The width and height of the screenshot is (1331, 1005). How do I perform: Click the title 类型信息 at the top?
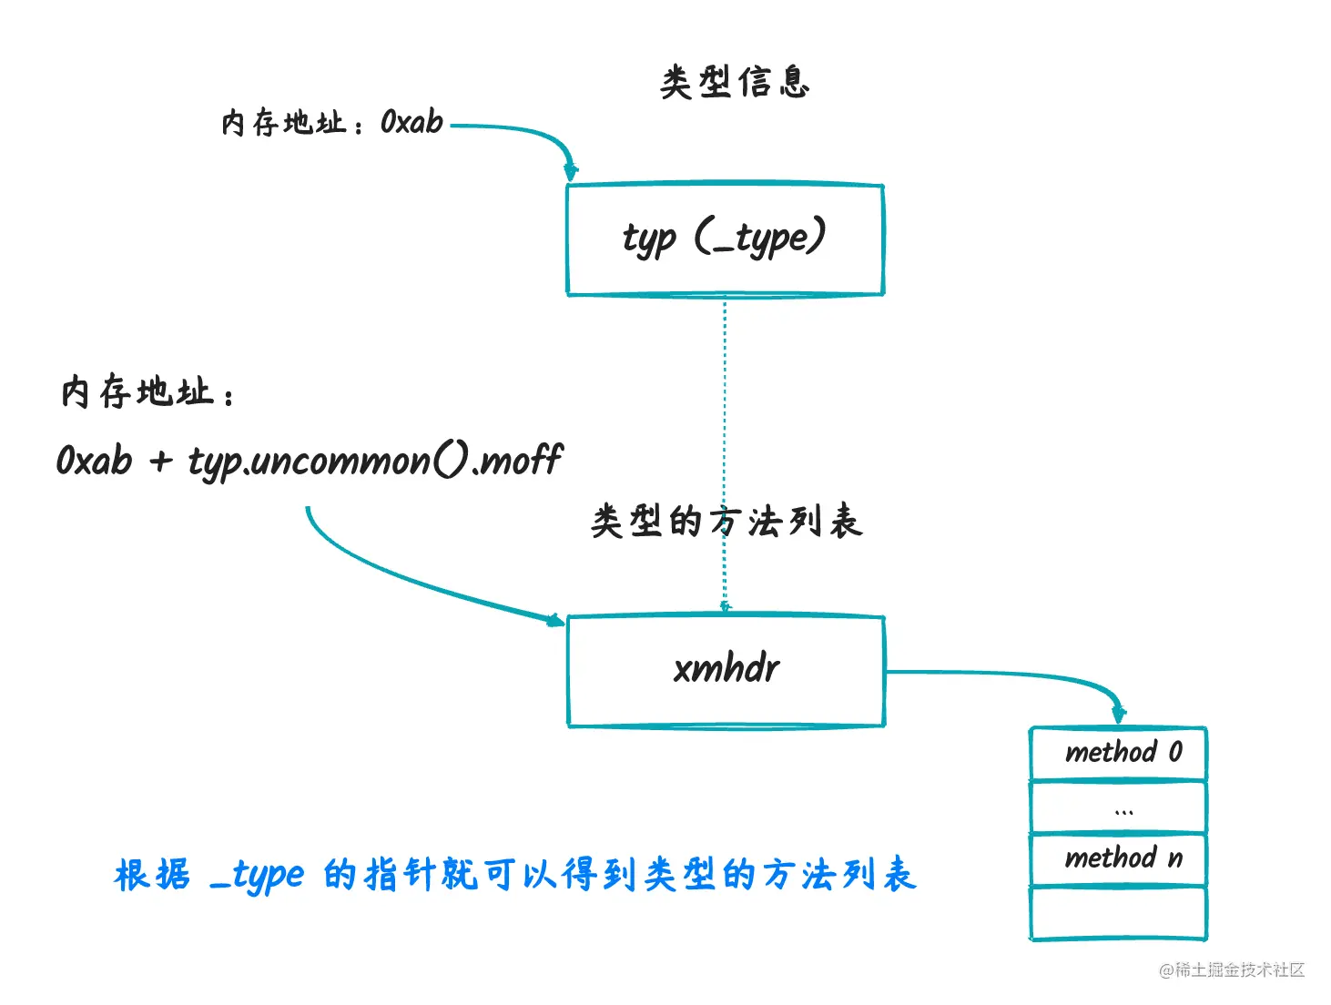click(734, 82)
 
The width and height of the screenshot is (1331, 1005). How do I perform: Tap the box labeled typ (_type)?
click(725, 239)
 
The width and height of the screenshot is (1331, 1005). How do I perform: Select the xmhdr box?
click(726, 671)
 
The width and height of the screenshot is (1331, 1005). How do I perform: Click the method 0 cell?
click(1119, 753)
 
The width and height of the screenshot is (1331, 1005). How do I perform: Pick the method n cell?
click(1119, 858)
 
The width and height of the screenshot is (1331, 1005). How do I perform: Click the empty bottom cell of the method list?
click(1119, 912)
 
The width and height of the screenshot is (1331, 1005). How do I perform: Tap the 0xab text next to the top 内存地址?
click(411, 122)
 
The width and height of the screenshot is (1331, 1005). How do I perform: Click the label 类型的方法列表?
click(726, 522)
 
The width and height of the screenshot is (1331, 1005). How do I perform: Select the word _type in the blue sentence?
click(257, 876)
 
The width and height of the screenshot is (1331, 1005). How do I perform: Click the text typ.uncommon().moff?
click(375, 460)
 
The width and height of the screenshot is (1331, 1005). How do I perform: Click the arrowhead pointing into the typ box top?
click(571, 171)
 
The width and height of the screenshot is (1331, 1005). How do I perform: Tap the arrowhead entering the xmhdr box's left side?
click(554, 620)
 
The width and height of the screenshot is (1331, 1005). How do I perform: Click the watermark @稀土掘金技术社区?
click(1231, 970)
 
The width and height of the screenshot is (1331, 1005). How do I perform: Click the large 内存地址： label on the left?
click(146, 393)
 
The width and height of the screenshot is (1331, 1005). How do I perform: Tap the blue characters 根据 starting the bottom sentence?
click(152, 876)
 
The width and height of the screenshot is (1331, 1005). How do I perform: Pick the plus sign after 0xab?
click(160, 461)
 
